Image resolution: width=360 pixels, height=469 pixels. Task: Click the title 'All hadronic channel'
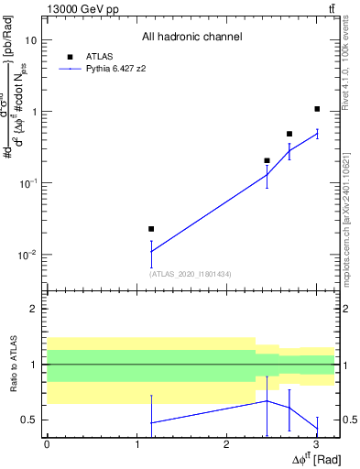tap(191, 38)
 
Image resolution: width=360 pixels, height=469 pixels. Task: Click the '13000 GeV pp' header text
tap(77, 8)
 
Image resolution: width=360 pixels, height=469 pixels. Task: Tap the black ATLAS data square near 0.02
tap(151, 229)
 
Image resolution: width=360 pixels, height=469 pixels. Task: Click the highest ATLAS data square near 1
tap(317, 109)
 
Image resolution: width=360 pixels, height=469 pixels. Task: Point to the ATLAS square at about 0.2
tap(267, 160)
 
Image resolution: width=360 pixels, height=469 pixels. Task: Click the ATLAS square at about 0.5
tap(289, 134)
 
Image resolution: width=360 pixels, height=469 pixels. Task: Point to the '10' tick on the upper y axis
tap(31, 40)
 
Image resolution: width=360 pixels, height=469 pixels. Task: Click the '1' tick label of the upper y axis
tap(34, 112)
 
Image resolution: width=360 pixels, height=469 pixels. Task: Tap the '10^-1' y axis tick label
tap(28, 183)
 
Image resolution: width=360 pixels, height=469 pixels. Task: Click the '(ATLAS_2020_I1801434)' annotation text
tap(191, 274)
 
